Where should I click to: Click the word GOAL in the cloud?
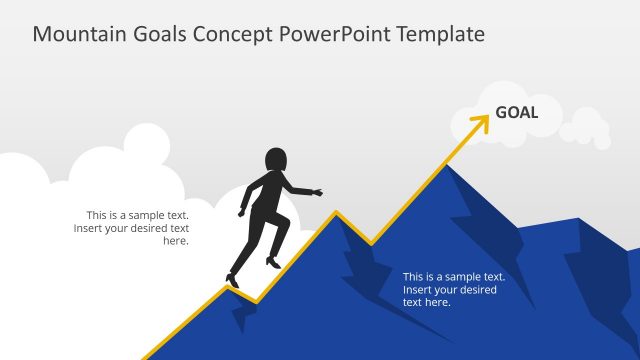click(x=516, y=112)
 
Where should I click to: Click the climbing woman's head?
click(x=275, y=160)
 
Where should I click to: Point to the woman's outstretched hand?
click(x=317, y=191)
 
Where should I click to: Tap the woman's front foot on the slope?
click(x=233, y=281)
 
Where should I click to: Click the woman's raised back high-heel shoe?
click(x=272, y=262)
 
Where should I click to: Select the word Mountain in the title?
click(x=77, y=34)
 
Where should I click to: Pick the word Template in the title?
click(x=440, y=34)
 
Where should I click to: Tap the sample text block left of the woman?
click(x=131, y=228)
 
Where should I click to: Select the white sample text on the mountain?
click(x=454, y=289)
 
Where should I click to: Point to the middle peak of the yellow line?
click(x=336, y=212)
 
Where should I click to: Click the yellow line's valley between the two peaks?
click(x=371, y=244)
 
